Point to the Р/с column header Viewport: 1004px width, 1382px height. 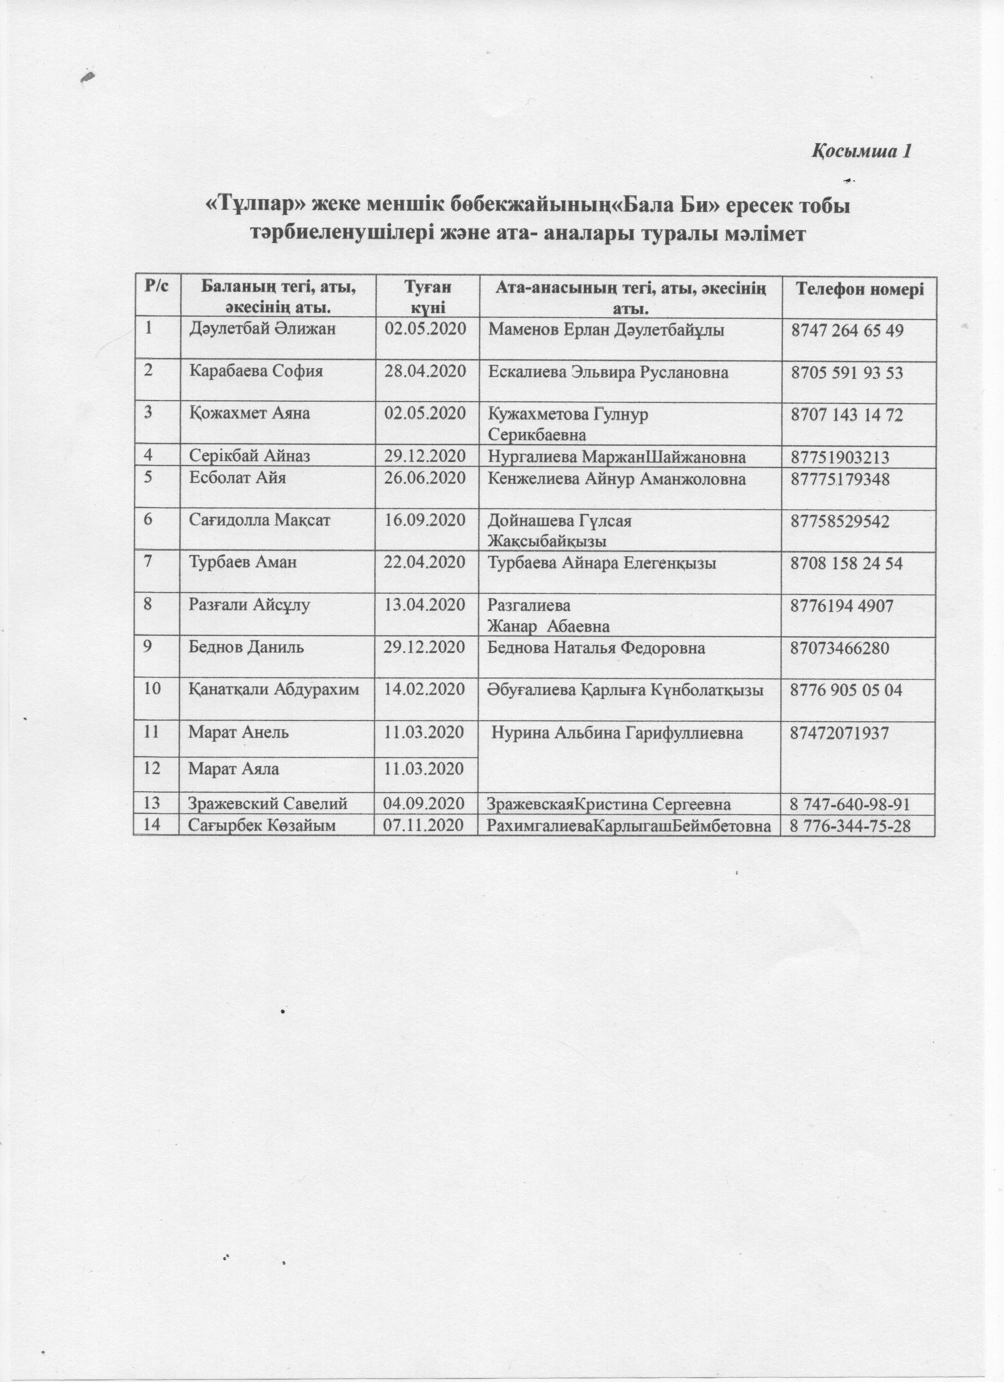click(x=156, y=286)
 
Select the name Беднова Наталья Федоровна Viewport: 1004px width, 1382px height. click(x=596, y=648)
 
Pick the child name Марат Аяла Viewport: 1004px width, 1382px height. click(x=234, y=769)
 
